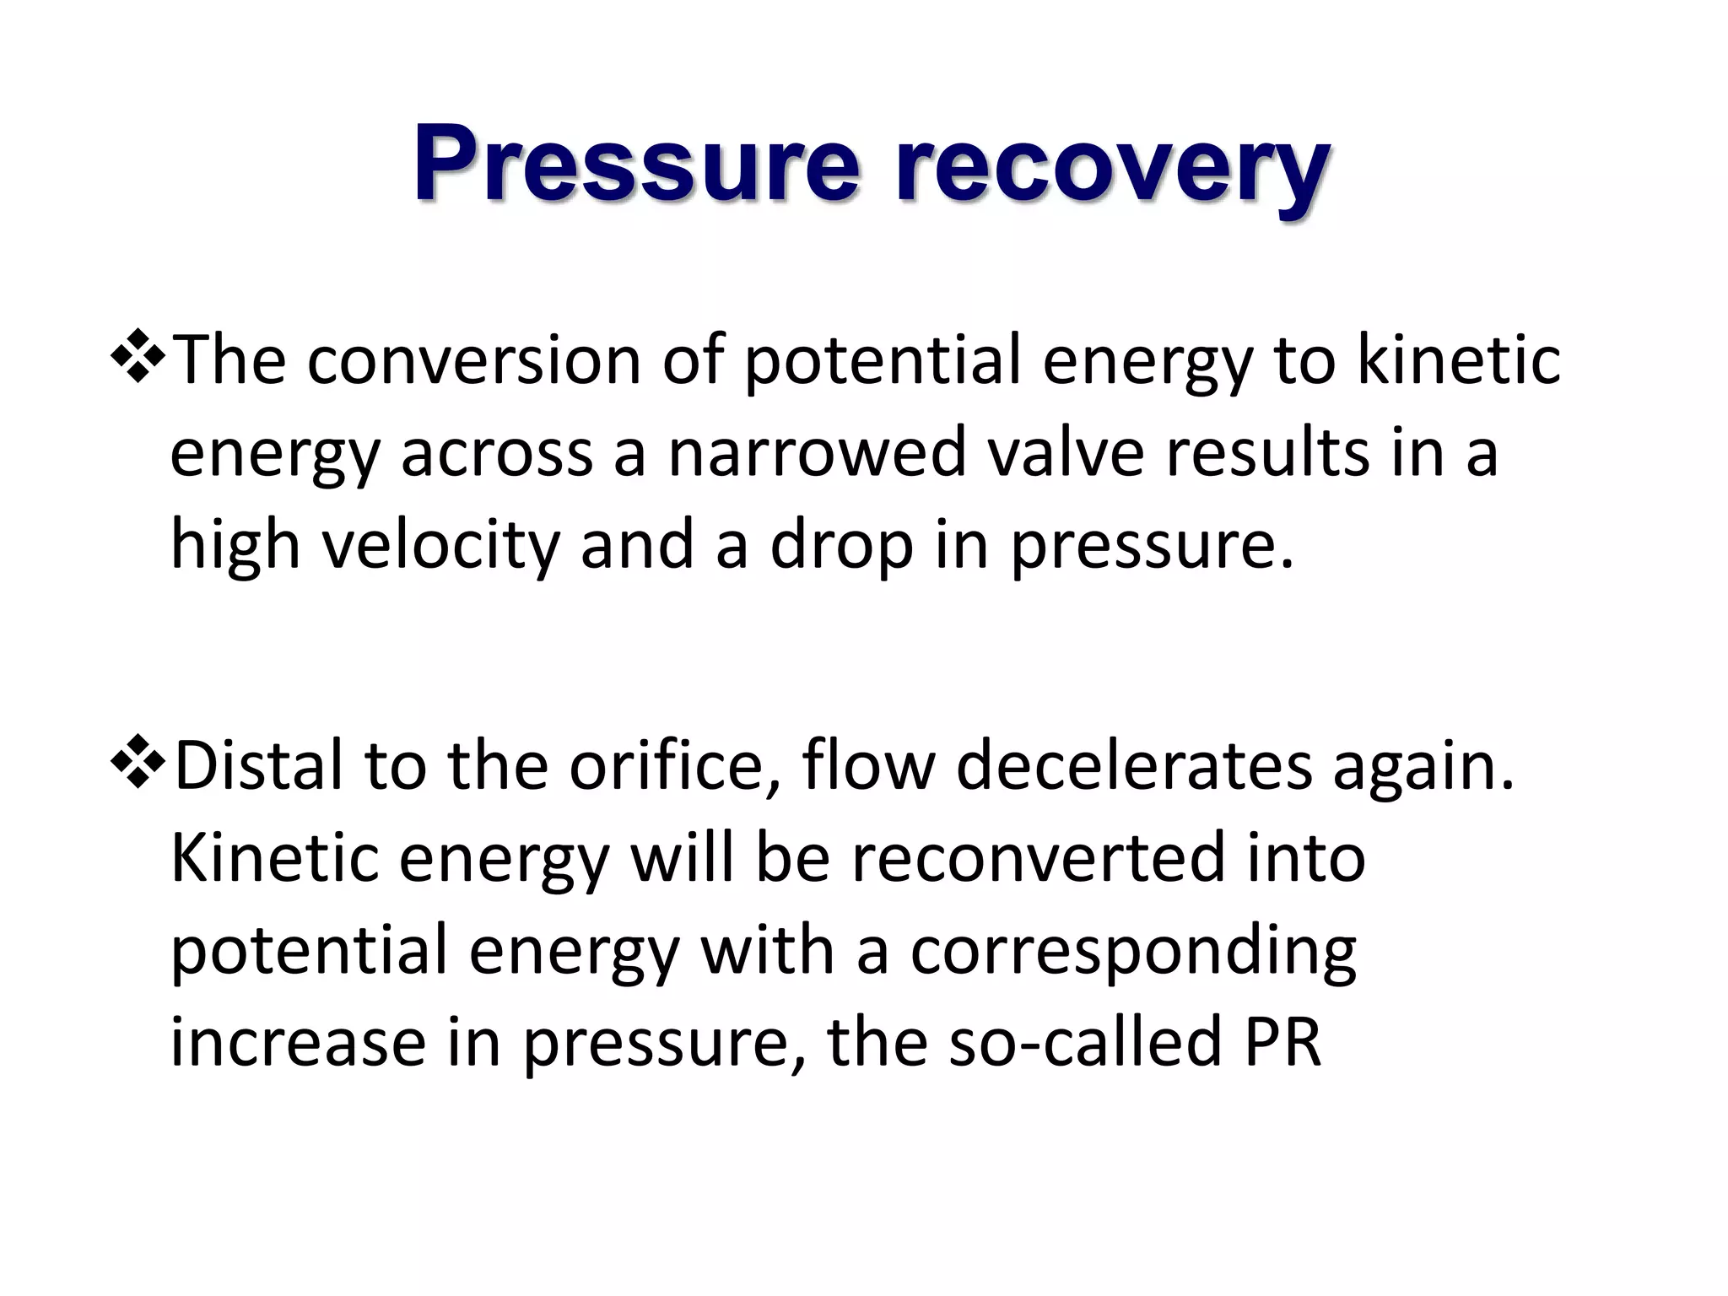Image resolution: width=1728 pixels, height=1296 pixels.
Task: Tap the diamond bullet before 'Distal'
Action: tap(138, 762)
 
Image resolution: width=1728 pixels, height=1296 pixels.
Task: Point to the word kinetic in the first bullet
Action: tap(1459, 361)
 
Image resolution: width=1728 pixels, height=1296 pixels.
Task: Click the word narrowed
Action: tap(816, 453)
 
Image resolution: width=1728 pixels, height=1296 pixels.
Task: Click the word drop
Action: tap(841, 547)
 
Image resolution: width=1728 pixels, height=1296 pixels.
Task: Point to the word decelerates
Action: tap(1134, 766)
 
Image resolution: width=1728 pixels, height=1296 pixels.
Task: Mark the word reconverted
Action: tap(1038, 858)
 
